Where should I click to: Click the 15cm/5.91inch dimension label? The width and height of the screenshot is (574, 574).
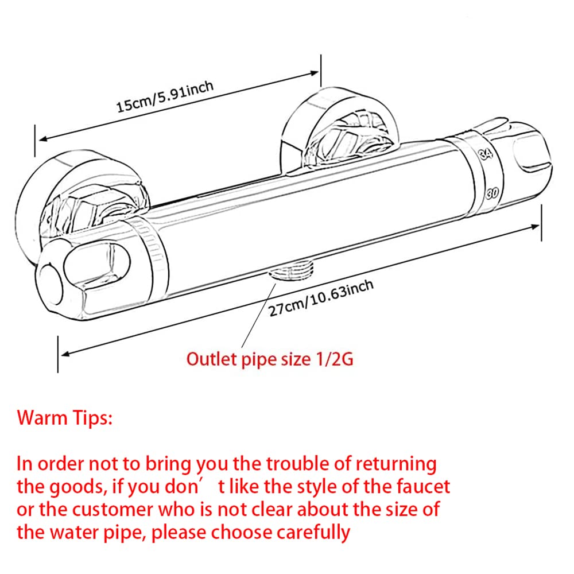(x=165, y=96)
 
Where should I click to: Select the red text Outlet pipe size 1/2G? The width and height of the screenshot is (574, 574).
(x=270, y=359)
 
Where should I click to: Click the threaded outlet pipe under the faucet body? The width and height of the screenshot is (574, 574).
(x=292, y=271)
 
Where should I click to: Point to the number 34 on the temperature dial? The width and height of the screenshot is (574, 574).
(x=486, y=153)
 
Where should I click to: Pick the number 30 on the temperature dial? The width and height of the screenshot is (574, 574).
(x=492, y=192)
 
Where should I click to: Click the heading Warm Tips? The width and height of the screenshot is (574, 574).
(x=64, y=418)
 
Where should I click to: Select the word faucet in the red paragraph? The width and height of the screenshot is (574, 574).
(x=423, y=487)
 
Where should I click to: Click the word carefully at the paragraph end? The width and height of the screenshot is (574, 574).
(x=313, y=533)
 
